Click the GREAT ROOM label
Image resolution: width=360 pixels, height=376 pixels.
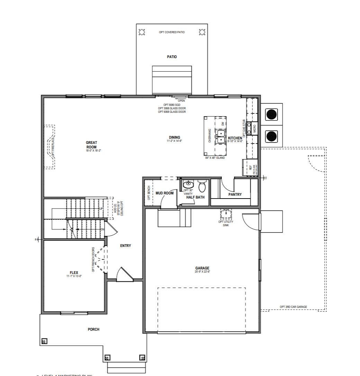tap(91, 145)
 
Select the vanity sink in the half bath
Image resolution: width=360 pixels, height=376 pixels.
tap(188, 184)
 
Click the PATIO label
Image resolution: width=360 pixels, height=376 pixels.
tap(172, 57)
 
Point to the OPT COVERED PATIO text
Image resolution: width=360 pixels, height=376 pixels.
tap(172, 32)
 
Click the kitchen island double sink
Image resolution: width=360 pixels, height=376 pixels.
tap(220, 137)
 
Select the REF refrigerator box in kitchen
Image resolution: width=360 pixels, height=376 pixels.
tap(250, 168)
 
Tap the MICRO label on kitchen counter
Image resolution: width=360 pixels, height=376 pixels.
tap(254, 129)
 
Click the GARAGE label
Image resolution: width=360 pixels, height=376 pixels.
tap(202, 268)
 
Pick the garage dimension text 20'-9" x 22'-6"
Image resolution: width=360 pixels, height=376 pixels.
tap(202, 272)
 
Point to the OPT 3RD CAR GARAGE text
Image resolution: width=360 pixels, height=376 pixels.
tap(293, 307)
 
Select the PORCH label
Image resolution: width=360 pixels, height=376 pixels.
tap(93, 329)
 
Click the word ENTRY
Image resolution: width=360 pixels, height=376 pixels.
tap(125, 246)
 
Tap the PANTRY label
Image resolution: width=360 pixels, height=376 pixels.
tap(235, 194)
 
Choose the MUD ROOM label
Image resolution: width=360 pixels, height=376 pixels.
tap(164, 193)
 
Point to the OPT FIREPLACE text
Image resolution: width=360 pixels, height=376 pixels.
tap(53, 147)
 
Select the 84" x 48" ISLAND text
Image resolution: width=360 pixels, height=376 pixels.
tap(215, 158)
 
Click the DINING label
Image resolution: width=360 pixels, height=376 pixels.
tap(174, 137)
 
